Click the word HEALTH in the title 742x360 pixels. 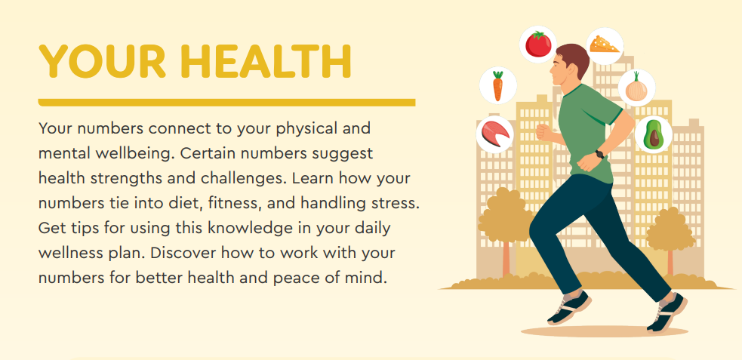click(267, 61)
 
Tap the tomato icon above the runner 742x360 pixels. click(538, 44)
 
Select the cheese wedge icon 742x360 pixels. click(605, 46)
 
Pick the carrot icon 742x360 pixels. click(498, 85)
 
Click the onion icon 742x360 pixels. click(636, 88)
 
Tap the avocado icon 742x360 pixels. click(654, 134)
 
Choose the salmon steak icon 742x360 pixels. click(495, 134)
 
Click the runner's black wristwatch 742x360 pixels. click(599, 154)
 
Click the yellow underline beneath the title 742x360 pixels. click(226, 103)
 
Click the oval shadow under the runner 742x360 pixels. click(605, 331)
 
